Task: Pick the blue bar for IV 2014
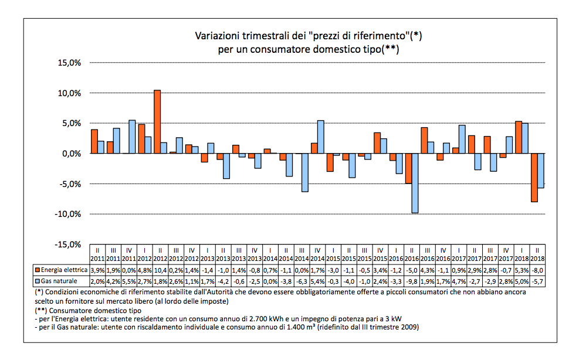[x=320, y=137]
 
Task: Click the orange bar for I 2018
[x=519, y=137]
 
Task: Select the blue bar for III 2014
[x=304, y=172]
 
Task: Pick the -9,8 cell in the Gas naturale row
[x=411, y=281]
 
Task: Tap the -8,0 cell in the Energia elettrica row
[x=538, y=270]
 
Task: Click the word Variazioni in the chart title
[x=216, y=36]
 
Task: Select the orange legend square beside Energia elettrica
[x=37, y=270]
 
